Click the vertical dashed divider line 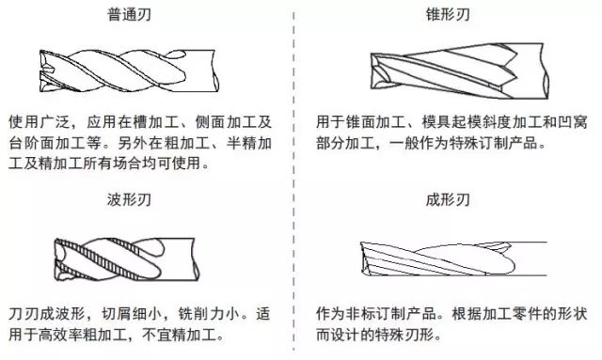(x=299, y=179)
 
